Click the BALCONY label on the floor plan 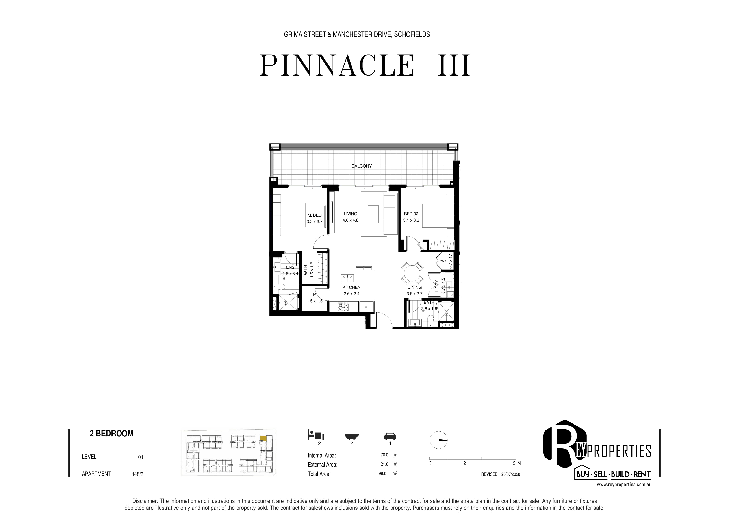click(362, 166)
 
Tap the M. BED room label click(314, 215)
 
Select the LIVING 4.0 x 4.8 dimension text click(351, 220)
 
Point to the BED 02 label click(411, 214)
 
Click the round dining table click(412, 273)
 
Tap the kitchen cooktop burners click(343, 307)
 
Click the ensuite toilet click(280, 287)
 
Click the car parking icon click(390, 436)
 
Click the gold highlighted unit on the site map click(263, 438)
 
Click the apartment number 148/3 click(137, 474)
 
